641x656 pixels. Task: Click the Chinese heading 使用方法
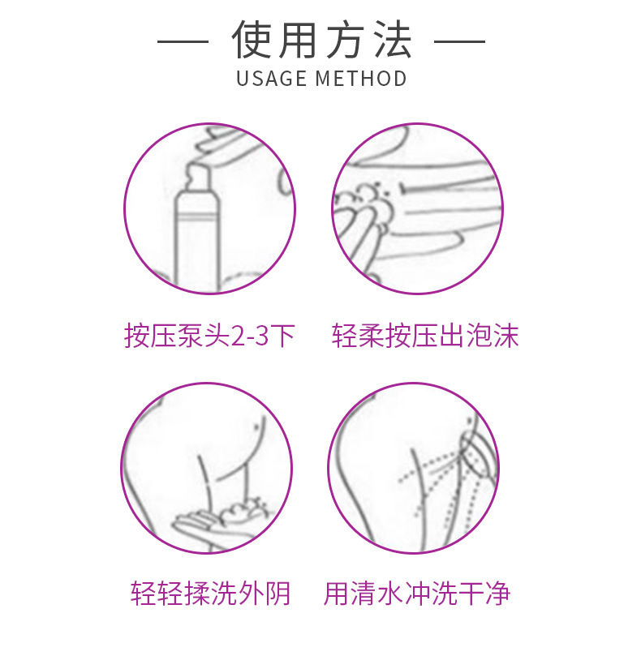click(321, 40)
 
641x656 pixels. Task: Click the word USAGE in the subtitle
click(271, 79)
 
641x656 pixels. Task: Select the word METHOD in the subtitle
click(361, 79)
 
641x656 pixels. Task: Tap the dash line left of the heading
click(183, 41)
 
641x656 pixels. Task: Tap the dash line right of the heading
click(459, 41)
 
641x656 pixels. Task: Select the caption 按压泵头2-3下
click(209, 336)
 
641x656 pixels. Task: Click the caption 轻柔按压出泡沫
click(425, 336)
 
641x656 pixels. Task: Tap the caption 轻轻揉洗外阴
click(210, 594)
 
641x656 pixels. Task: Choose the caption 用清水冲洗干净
click(417, 594)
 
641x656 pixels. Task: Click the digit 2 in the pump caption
click(238, 337)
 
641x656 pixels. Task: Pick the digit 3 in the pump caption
click(262, 337)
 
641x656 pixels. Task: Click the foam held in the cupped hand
click(242, 512)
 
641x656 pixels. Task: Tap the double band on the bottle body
click(197, 217)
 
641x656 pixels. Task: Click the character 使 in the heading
click(251, 40)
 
